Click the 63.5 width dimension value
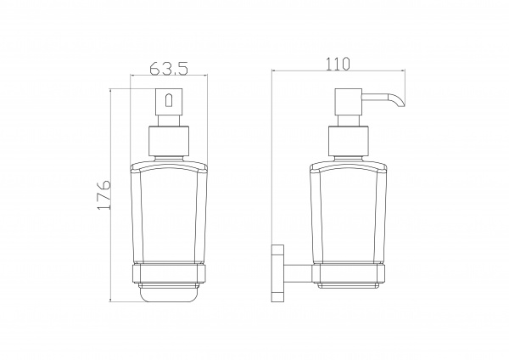click(169, 68)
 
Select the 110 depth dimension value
click(338, 64)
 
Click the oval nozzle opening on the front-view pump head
click(169, 100)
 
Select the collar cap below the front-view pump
click(169, 141)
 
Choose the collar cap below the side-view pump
click(349, 141)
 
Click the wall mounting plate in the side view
click(278, 273)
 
